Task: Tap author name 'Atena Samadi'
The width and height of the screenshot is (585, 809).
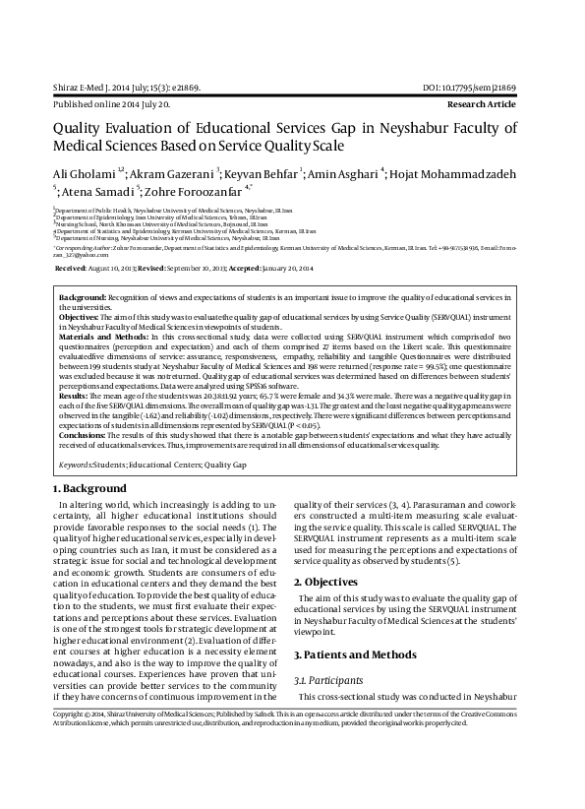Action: point(103,191)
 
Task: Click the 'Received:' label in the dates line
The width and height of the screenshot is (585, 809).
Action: point(71,268)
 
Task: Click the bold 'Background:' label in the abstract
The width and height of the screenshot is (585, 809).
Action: point(83,297)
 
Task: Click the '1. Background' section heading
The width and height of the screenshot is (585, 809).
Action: point(89,489)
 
